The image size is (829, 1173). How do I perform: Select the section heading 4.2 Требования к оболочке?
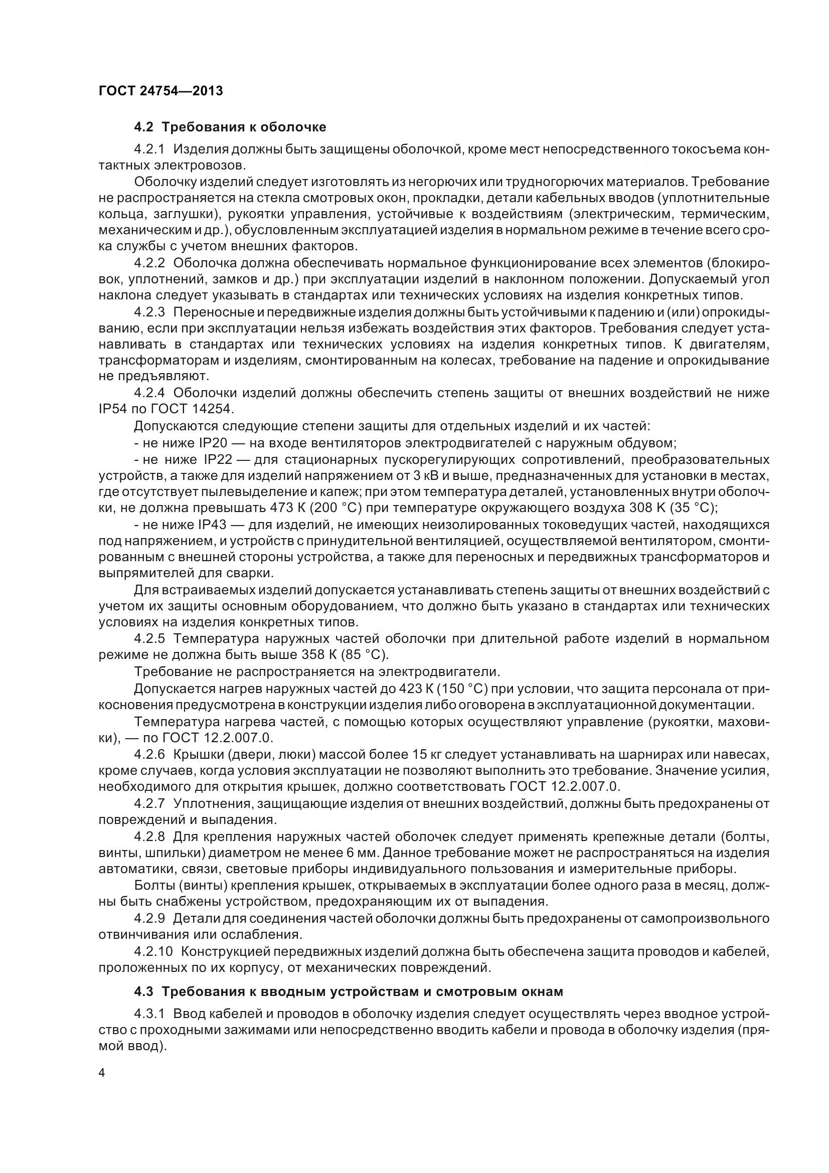pyautogui.click(x=230, y=127)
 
